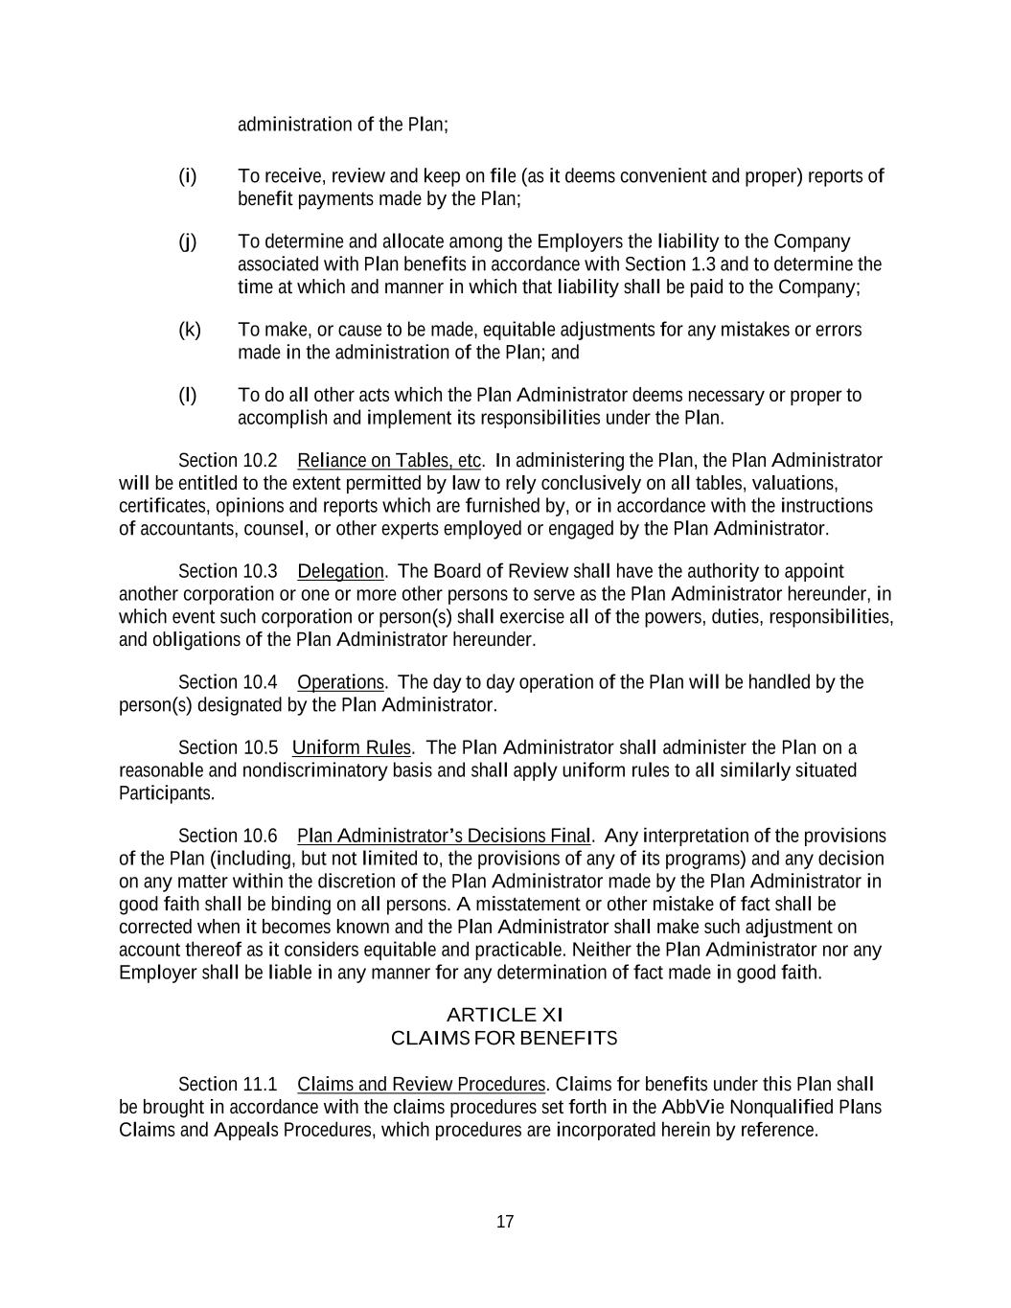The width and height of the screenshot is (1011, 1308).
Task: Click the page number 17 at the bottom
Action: tap(505, 1222)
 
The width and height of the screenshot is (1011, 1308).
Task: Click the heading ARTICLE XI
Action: tap(505, 1015)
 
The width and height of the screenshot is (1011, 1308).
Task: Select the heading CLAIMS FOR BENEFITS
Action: tap(505, 1039)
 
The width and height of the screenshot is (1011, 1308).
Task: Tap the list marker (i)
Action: tap(188, 176)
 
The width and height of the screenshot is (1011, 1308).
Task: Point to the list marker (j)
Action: tap(188, 241)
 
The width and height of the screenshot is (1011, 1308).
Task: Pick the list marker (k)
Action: tap(190, 330)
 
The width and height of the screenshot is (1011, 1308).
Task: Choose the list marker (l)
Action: tap(188, 395)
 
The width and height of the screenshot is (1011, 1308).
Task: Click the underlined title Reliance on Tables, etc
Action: tap(389, 461)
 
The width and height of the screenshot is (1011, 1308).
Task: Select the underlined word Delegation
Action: tap(340, 572)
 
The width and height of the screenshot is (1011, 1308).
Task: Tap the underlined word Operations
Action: tap(340, 682)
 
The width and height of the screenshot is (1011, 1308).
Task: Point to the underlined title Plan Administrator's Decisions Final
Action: tap(444, 836)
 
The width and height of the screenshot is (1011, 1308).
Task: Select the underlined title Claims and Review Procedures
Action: tap(421, 1084)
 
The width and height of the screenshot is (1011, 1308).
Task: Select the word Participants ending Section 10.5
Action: tap(166, 793)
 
